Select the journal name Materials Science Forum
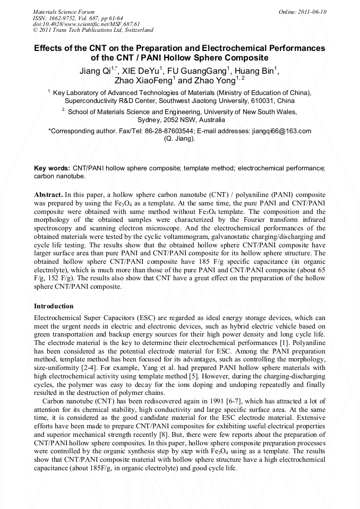coord(64,12)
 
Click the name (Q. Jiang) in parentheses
coord(179,139)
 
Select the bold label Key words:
coord(52,167)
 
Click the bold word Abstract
coord(48,195)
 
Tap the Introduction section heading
coord(54,306)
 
